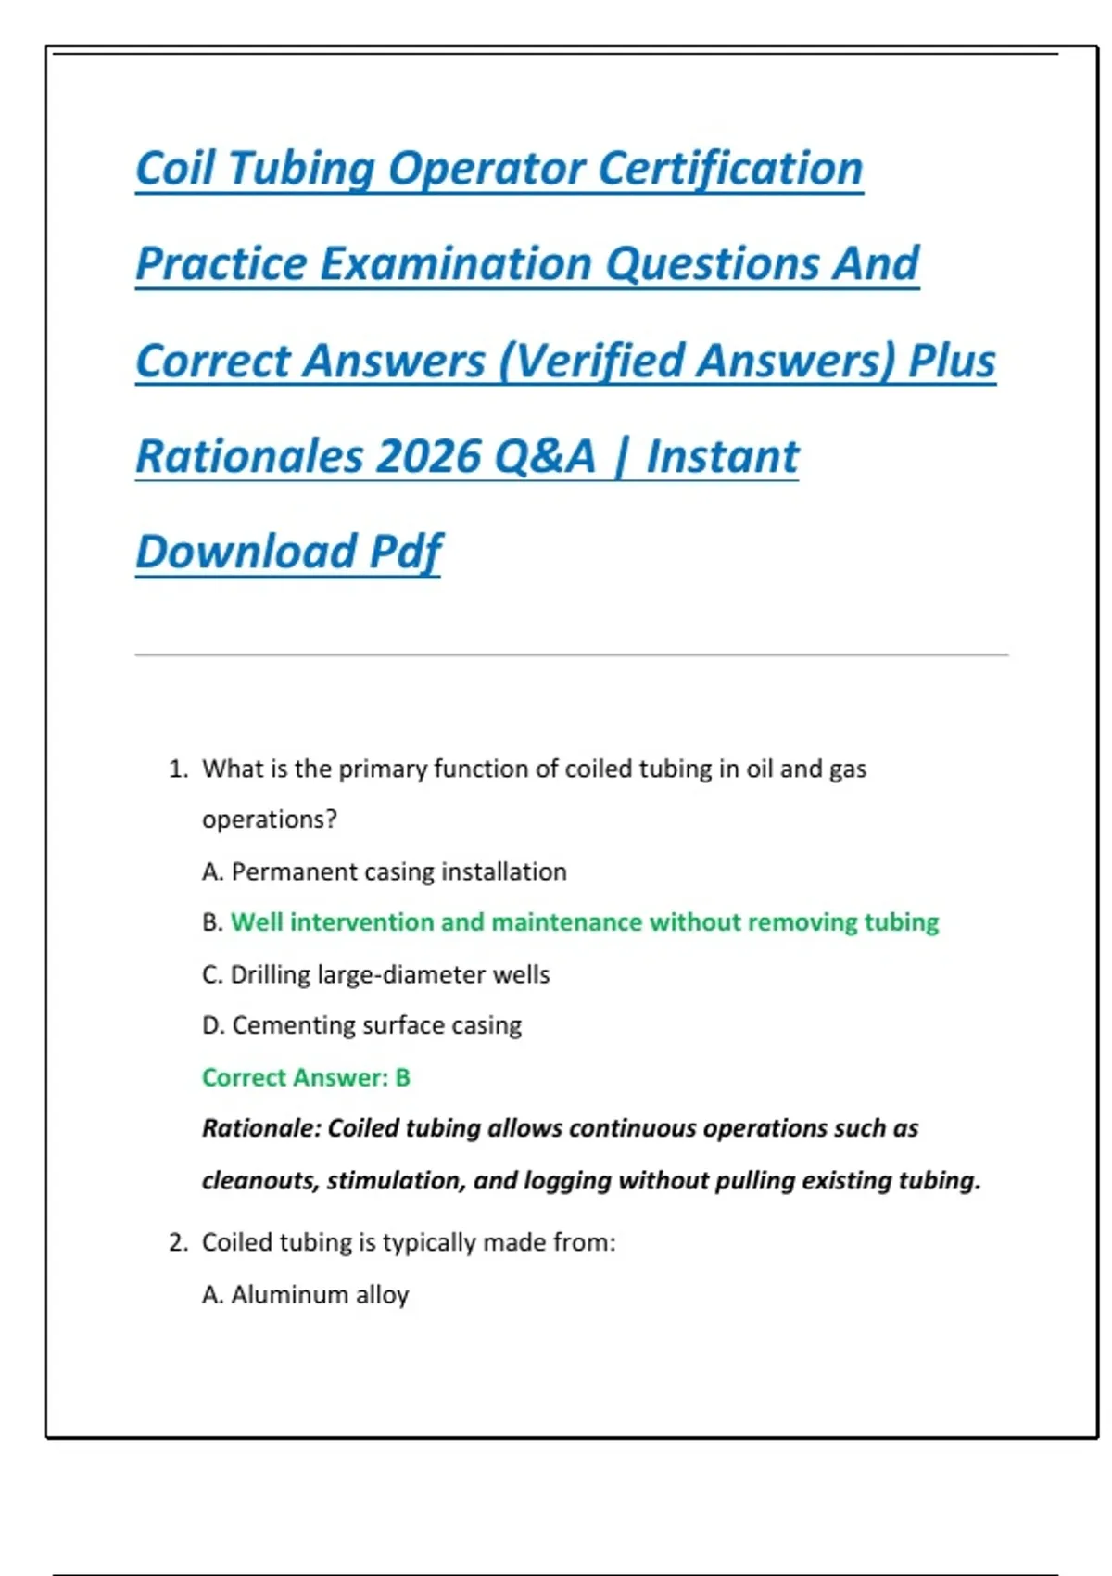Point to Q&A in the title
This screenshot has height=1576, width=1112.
point(545,457)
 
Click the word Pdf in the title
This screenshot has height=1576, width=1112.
point(406,553)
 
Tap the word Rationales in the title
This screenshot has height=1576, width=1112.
point(249,456)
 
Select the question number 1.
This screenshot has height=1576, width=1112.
point(178,769)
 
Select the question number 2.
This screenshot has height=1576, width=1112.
point(178,1242)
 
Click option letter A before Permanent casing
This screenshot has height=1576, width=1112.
point(212,871)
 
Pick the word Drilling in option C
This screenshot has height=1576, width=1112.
point(270,975)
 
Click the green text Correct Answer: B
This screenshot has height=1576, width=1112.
point(306,1077)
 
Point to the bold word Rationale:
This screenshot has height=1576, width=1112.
point(261,1128)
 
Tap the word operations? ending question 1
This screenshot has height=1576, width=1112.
point(270,820)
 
